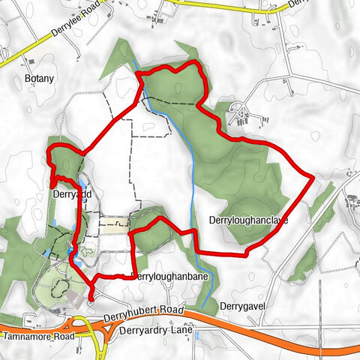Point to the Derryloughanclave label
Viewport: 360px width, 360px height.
tap(245, 220)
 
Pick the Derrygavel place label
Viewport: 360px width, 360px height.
tap(244, 306)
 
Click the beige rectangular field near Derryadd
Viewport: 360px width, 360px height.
tap(115, 223)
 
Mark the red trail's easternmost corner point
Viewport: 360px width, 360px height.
tap(313, 178)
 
